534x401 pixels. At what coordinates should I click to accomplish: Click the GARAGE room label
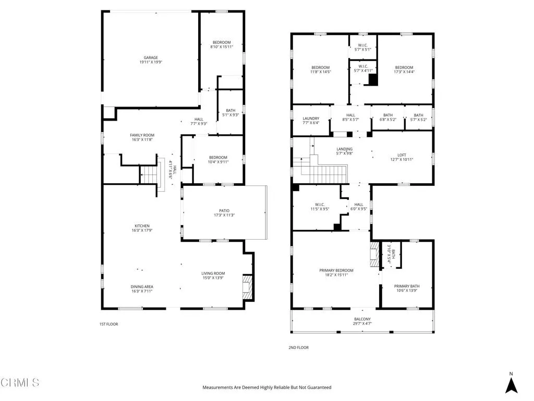[151, 58]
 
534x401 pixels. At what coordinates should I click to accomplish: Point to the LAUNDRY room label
[311, 119]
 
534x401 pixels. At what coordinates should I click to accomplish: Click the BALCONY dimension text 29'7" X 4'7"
[362, 324]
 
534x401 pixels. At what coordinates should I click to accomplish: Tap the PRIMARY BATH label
[406, 286]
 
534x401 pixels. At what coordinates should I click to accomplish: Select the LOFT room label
[402, 155]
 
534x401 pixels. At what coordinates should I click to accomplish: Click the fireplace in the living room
[247, 286]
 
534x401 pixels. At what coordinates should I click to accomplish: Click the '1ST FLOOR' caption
[109, 324]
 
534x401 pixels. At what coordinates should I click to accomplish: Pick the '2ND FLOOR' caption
[299, 348]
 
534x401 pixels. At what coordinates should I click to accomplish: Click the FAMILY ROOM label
[142, 135]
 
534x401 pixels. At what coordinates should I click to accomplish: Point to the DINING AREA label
[142, 287]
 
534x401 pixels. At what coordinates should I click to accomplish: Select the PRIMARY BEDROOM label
[336, 270]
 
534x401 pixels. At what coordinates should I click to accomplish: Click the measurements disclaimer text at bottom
[266, 387]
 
